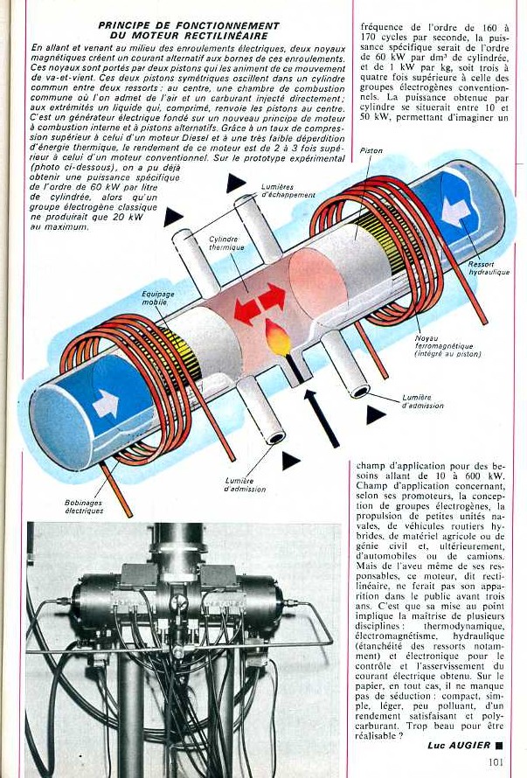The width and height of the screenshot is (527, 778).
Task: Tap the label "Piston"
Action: pyautogui.click(x=371, y=151)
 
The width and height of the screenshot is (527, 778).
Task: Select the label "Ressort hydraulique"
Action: pyautogui.click(x=488, y=267)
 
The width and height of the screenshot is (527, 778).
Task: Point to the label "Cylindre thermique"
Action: pyautogui.click(x=225, y=243)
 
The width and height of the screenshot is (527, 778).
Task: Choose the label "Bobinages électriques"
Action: pyautogui.click(x=84, y=506)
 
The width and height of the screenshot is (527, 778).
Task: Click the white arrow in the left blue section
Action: pyautogui.click(x=106, y=403)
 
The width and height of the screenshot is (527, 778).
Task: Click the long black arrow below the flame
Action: pyautogui.click(x=321, y=418)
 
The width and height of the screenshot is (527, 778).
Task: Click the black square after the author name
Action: pyautogui.click(x=498, y=745)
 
